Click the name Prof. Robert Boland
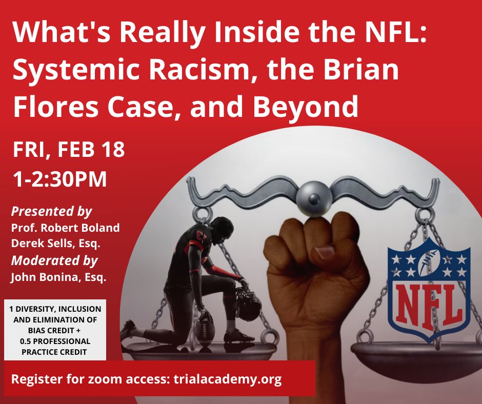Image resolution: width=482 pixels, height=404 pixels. [65, 228]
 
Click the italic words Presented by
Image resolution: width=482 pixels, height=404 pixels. [51, 211]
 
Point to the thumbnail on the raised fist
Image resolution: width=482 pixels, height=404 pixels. [325, 252]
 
